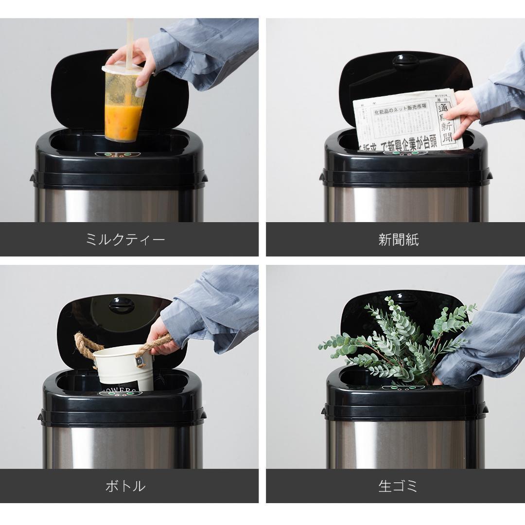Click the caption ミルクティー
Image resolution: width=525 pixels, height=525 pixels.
[125, 240]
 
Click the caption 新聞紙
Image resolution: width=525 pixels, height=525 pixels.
[398, 240]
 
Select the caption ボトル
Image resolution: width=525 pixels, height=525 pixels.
[125, 486]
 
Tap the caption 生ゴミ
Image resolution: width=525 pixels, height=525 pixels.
[398, 486]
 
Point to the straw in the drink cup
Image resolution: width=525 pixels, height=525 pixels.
[130, 39]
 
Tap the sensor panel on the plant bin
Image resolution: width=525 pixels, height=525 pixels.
[403, 388]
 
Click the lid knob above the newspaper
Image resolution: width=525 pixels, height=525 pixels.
[406, 61]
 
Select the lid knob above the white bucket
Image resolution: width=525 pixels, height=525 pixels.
[122, 305]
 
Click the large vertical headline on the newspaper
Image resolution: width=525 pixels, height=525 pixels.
[446, 122]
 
